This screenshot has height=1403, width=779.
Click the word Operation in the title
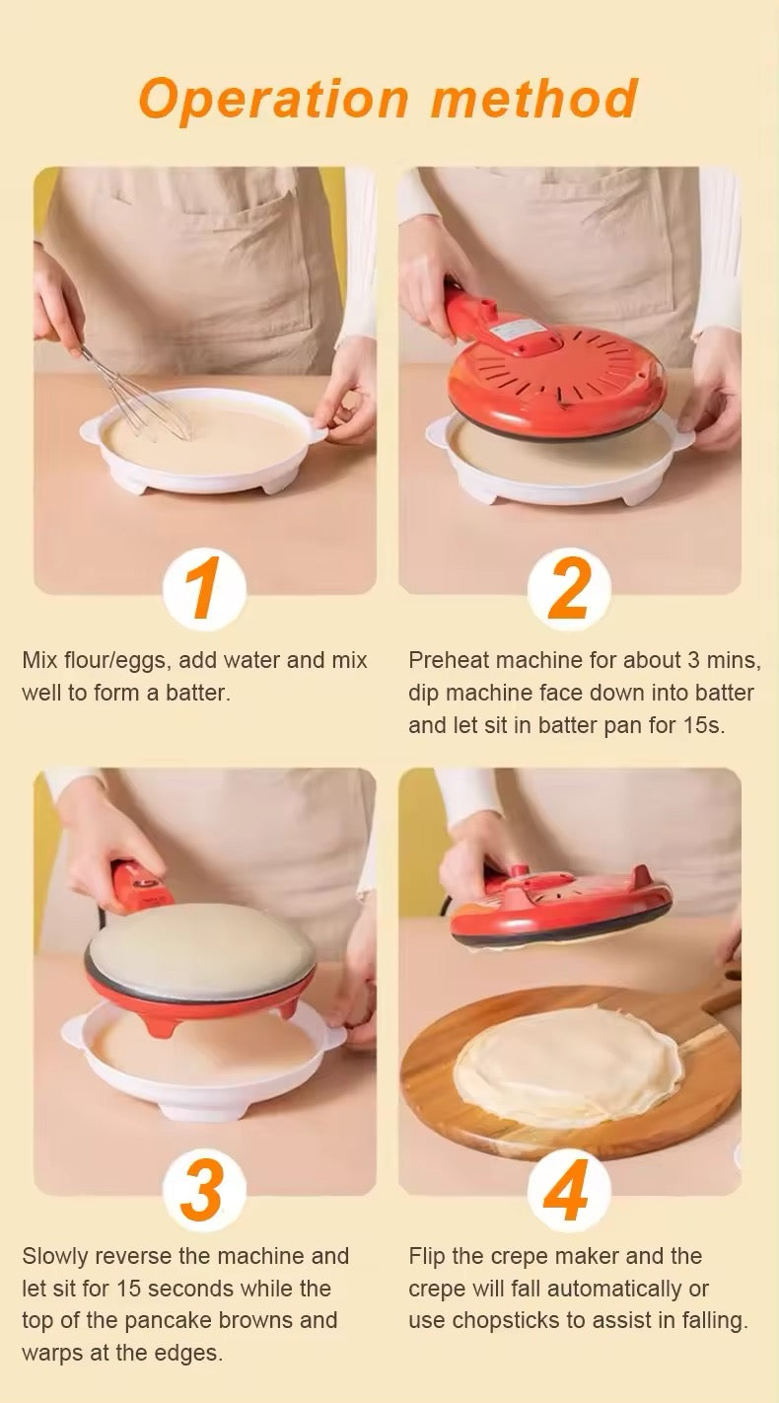point(273,100)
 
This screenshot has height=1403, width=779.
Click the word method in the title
point(534,98)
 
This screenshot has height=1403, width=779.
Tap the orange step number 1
point(203,588)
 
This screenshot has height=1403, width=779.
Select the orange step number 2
point(569,588)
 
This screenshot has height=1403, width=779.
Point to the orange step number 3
point(203,1190)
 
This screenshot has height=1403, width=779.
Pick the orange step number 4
point(567,1190)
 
